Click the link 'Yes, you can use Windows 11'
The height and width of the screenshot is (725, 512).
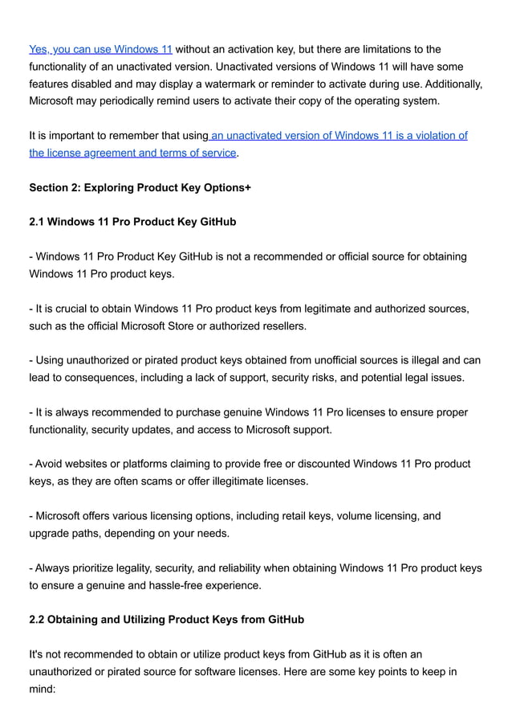coord(100,49)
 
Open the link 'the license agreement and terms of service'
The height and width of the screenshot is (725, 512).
coord(132,153)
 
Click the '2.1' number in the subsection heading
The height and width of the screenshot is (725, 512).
coord(37,222)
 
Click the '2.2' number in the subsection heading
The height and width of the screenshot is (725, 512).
coord(37,620)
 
